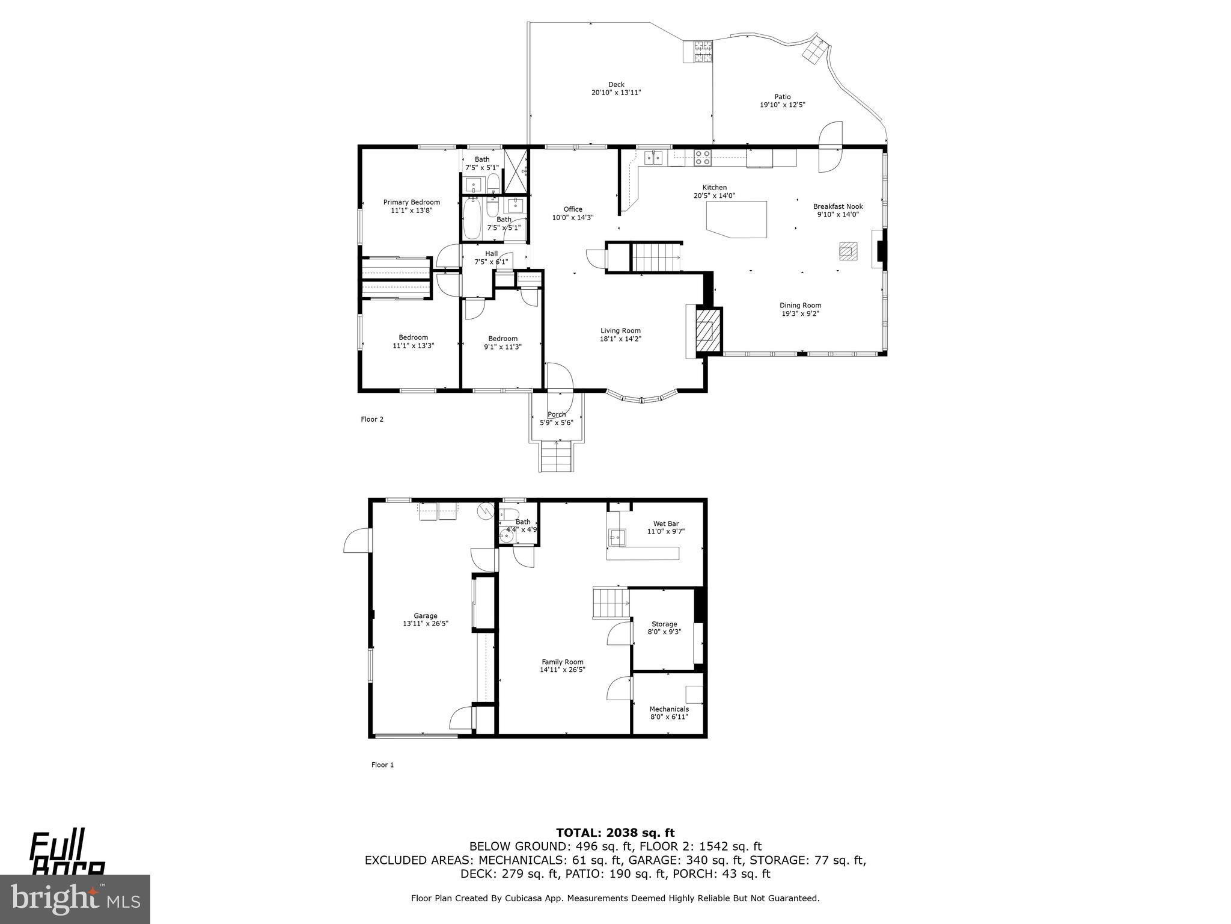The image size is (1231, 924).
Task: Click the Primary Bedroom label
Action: pos(411,202)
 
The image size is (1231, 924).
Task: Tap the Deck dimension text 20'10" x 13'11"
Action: pos(616,93)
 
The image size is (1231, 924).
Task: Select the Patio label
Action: pos(782,97)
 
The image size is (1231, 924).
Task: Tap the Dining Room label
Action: pos(800,305)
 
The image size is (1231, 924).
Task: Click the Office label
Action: pos(572,209)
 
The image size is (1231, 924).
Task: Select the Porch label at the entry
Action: pos(557,414)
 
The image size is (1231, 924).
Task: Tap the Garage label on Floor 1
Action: pos(425,615)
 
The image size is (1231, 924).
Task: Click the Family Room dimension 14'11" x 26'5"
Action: pos(562,670)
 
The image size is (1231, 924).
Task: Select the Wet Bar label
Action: pos(666,523)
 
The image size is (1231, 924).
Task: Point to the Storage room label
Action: pos(664,624)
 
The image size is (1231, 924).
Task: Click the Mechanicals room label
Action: pos(668,709)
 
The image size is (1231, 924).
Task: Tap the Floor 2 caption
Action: pos(371,419)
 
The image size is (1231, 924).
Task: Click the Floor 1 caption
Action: pos(382,765)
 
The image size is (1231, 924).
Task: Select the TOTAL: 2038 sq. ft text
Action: pos(615,833)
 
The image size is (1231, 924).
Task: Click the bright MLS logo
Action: pos(75,899)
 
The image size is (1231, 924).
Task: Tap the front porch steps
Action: pos(557,457)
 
